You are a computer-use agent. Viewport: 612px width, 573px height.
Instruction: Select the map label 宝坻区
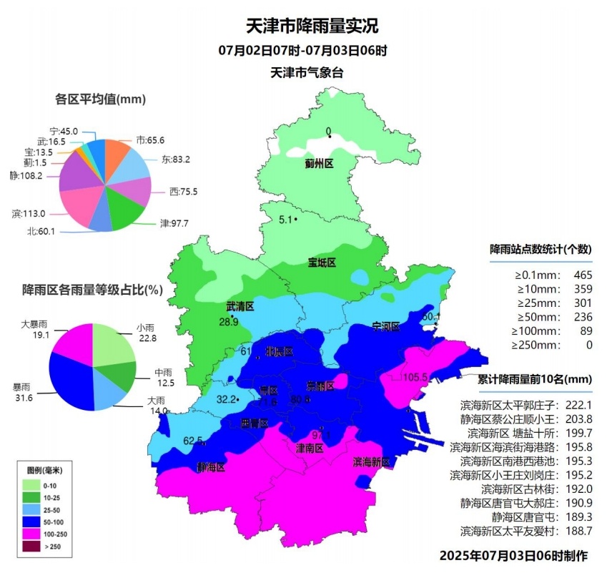[322, 263]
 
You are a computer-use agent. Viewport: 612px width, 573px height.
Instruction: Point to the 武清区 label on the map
[240, 307]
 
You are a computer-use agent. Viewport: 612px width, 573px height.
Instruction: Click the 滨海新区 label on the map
[371, 463]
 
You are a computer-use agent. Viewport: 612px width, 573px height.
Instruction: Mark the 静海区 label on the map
[211, 467]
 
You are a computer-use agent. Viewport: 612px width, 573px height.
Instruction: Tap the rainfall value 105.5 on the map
[415, 377]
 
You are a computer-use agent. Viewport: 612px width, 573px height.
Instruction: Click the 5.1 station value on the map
[285, 220]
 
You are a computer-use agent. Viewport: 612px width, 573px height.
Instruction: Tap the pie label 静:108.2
[26, 175]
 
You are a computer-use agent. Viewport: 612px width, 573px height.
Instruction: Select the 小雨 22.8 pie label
[147, 333]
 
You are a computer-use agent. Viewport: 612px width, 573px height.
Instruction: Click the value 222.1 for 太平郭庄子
[579, 405]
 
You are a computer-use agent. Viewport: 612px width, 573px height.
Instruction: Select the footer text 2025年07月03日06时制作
[513, 556]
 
